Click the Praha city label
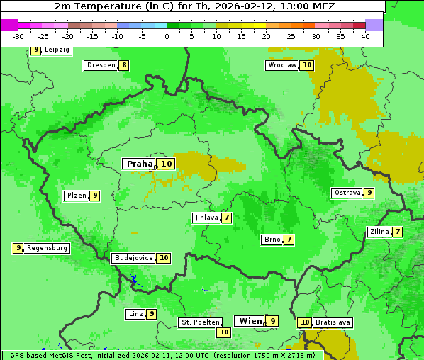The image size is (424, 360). (139, 164)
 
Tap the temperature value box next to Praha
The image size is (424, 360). (167, 164)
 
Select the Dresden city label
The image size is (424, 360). (101, 65)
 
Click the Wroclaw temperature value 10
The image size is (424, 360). (306, 65)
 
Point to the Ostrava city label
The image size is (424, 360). (347, 193)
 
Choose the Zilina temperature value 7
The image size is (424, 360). (398, 232)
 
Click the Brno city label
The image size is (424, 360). (272, 240)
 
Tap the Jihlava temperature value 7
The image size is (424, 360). (226, 218)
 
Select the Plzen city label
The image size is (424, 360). (76, 196)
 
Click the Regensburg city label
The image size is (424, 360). (47, 248)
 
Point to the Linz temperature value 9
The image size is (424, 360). (151, 314)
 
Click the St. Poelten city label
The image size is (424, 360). (200, 323)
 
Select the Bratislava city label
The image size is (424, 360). (333, 322)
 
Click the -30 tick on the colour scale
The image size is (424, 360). (18, 35)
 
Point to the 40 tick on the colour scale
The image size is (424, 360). (365, 35)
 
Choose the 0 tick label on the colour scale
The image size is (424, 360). (167, 35)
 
